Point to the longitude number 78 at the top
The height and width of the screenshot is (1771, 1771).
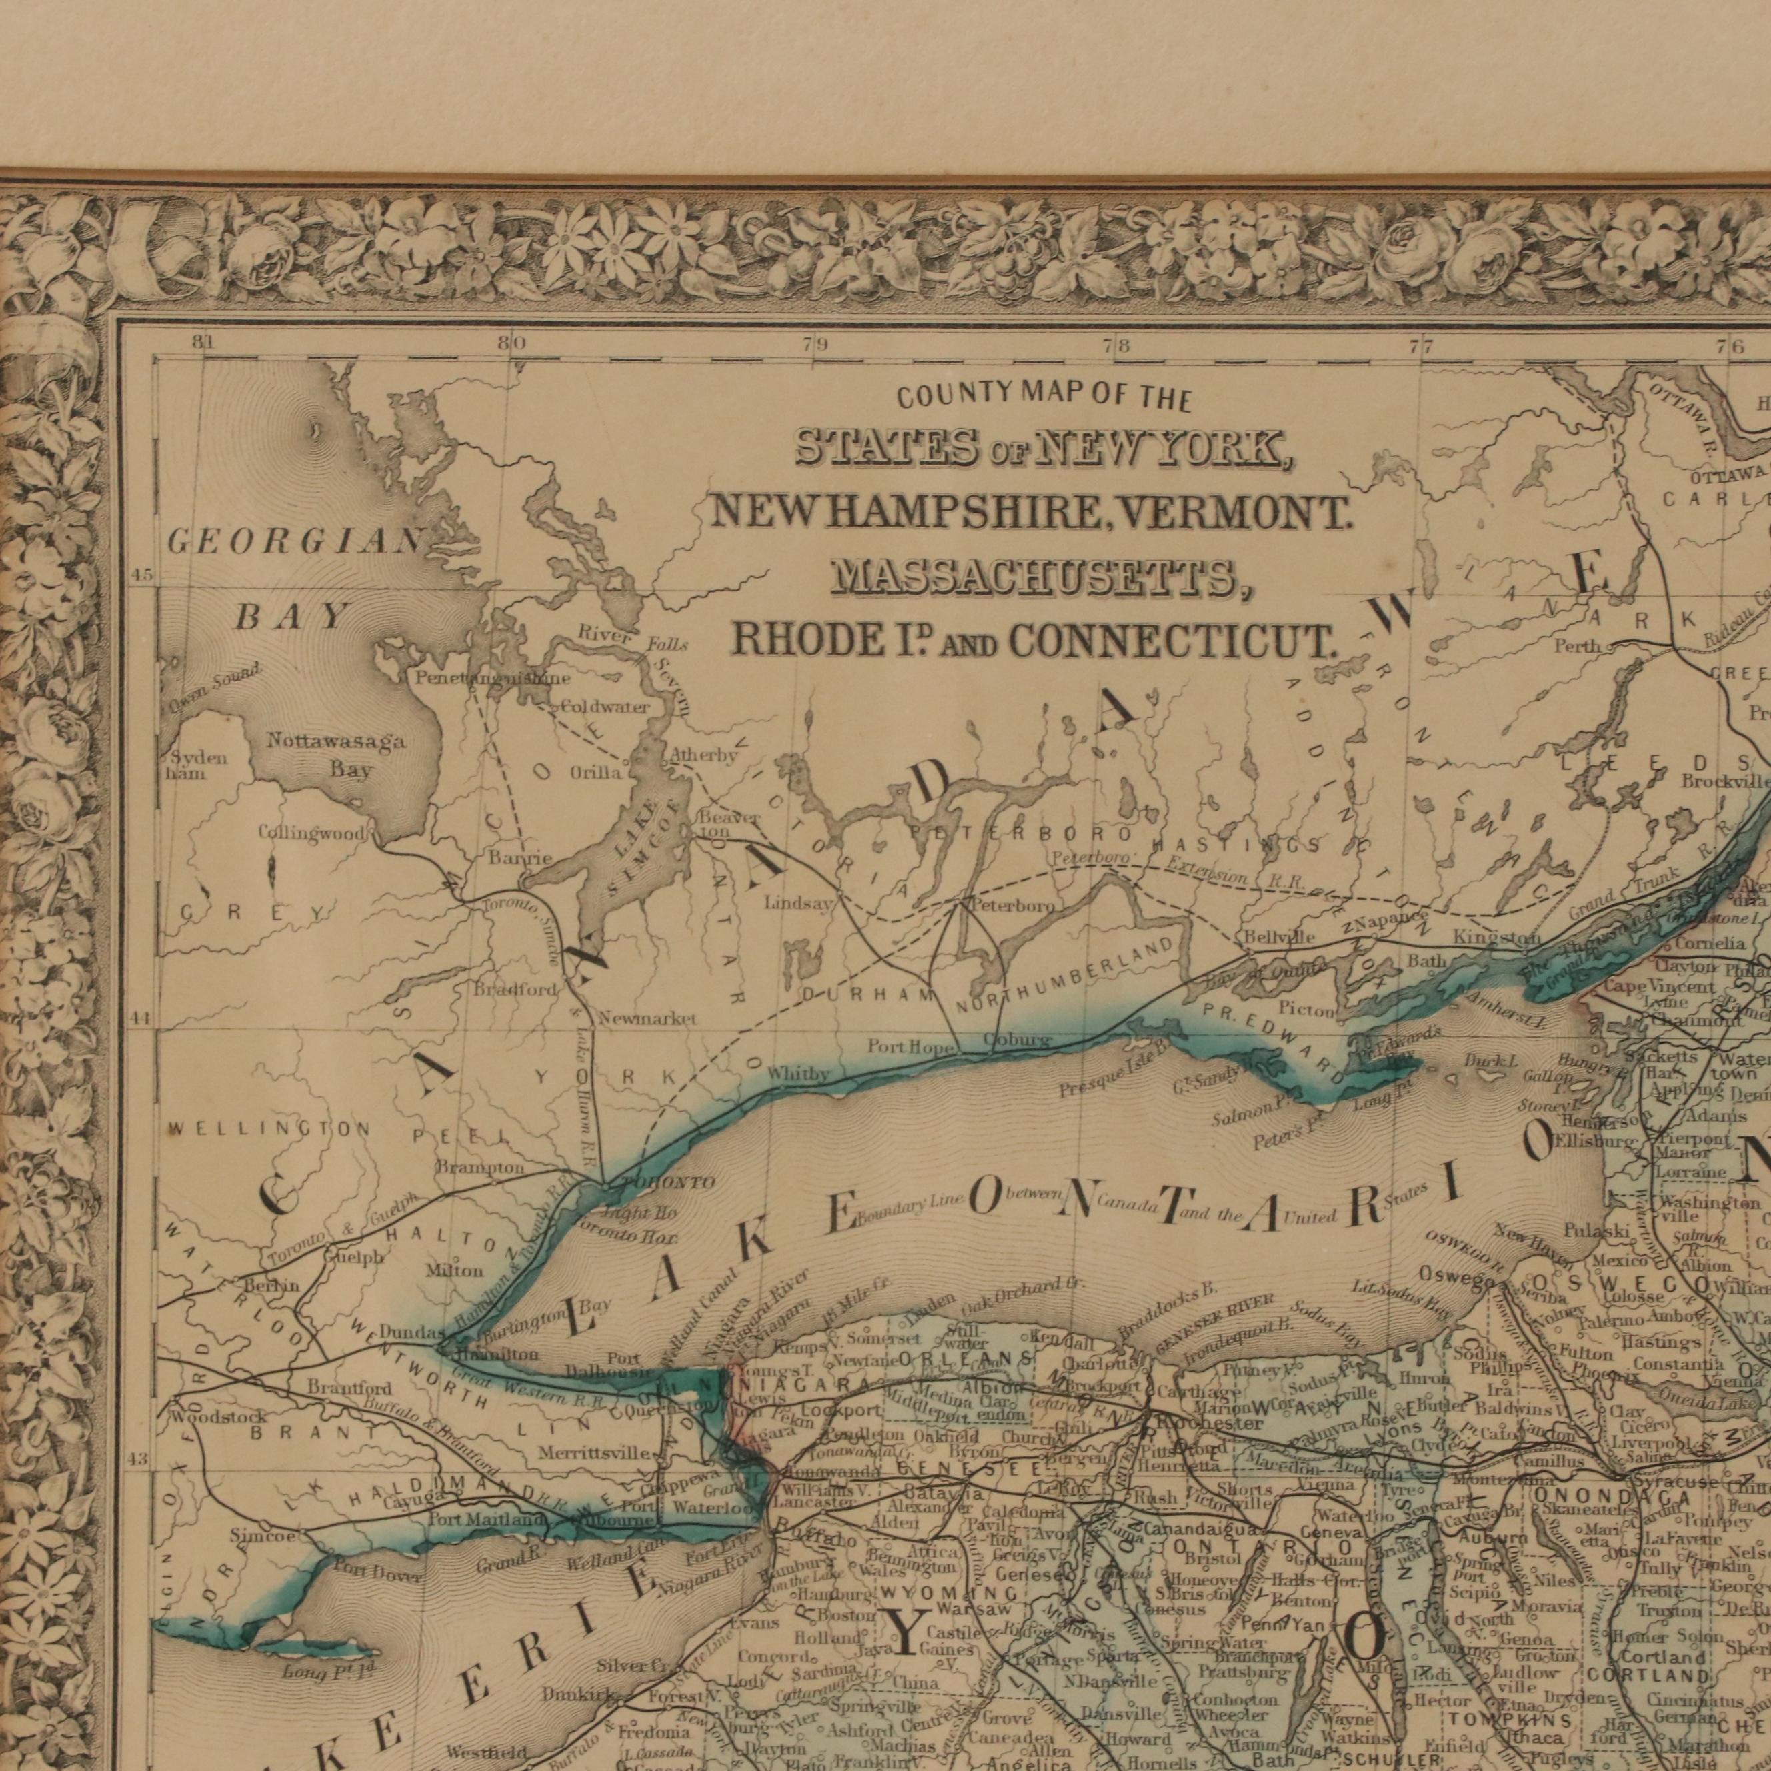[1116, 347]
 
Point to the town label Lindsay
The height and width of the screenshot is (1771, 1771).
[798, 903]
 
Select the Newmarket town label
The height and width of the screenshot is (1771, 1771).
[648, 1018]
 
